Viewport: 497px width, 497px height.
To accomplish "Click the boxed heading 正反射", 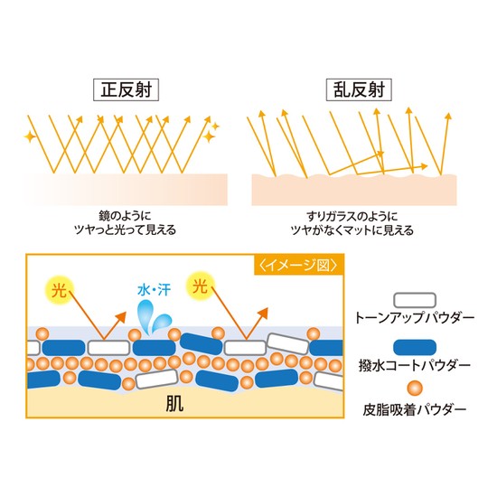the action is (x=126, y=90).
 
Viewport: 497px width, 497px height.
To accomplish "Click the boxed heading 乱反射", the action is (x=359, y=90).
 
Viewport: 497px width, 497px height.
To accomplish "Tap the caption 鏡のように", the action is (x=125, y=216).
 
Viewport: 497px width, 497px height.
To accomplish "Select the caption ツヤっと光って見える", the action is (x=125, y=230).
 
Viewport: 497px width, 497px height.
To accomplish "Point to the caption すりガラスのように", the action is (x=352, y=217).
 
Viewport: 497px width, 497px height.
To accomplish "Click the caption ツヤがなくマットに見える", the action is (x=352, y=230).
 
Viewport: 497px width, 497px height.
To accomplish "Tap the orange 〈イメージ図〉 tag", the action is (x=298, y=265).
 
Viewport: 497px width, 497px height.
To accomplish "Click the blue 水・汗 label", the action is (x=154, y=290).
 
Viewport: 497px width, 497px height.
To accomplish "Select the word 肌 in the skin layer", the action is (x=174, y=404).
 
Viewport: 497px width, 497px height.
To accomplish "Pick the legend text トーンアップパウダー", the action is (x=414, y=317).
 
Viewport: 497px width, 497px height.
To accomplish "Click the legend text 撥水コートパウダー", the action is (x=414, y=365).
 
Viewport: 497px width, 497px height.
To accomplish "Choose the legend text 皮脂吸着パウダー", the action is (x=414, y=410).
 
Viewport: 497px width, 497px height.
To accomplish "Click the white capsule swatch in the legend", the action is (x=415, y=300).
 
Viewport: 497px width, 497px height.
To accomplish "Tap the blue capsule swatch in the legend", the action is (x=415, y=347).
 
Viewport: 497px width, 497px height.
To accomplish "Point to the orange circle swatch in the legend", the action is (x=415, y=388).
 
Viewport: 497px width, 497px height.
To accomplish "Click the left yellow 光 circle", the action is (x=60, y=290).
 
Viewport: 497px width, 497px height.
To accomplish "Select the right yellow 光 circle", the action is (x=200, y=286).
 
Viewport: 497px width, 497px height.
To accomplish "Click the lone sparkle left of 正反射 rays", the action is (x=30, y=136).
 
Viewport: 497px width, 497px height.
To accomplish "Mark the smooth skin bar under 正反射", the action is (x=125, y=190).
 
